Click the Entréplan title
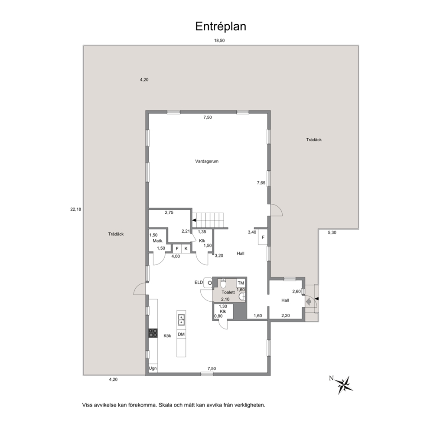221,26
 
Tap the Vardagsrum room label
207,161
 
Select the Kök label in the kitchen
167,336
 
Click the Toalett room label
228,292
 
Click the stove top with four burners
153,333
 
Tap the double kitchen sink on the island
181,320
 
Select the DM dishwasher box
181,334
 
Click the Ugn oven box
153,368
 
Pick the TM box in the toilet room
241,283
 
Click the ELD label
199,282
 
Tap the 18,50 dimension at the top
219,41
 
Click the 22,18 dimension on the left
76,209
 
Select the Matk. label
158,241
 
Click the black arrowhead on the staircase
194,220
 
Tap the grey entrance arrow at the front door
309,302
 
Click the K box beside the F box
186,249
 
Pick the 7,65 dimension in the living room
261,182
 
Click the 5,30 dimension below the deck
332,232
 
